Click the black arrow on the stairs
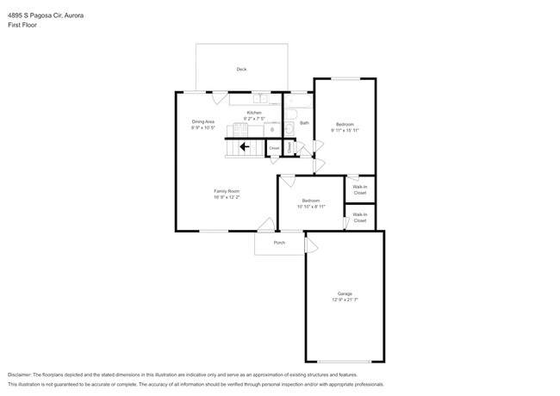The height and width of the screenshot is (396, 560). coord(244,147)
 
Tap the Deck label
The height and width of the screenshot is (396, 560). coord(242,70)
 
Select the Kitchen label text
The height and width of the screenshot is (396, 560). coord(254,113)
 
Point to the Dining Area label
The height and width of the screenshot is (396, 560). coord(203,121)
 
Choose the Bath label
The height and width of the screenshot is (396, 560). coord(304,123)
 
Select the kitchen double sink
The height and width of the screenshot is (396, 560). coord(262,99)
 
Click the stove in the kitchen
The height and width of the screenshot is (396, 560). coord(238,130)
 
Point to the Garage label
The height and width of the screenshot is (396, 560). coord(345,294)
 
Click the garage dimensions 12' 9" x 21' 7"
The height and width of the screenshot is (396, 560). coord(345,300)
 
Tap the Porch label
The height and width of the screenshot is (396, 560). coord(279,243)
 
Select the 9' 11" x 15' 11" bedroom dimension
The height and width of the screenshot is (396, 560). coord(345,130)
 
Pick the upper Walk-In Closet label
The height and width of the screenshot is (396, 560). coord(359,188)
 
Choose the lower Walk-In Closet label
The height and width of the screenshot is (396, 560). coord(359,218)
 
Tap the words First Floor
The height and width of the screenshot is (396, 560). coord(23,25)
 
